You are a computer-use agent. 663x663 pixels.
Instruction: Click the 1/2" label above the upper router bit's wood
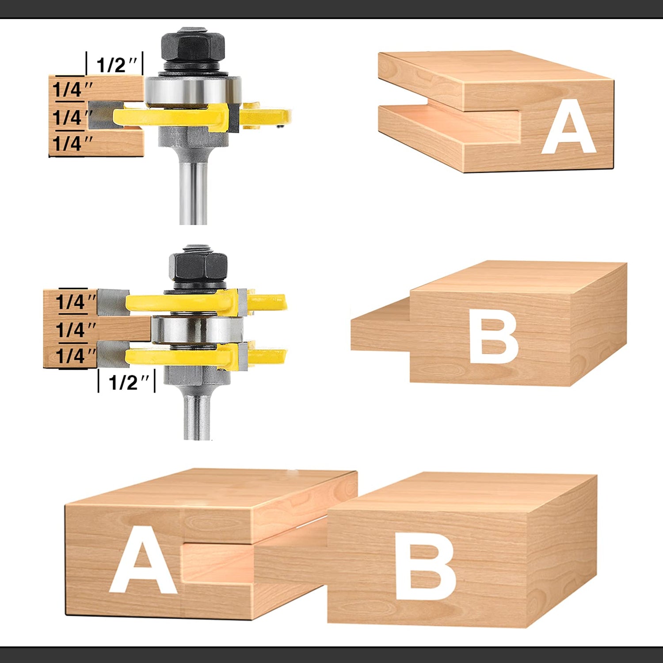click(116, 65)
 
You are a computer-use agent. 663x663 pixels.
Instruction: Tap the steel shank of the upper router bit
click(193, 190)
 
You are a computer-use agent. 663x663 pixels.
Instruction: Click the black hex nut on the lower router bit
click(198, 267)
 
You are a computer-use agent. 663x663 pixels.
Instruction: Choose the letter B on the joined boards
click(424, 570)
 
